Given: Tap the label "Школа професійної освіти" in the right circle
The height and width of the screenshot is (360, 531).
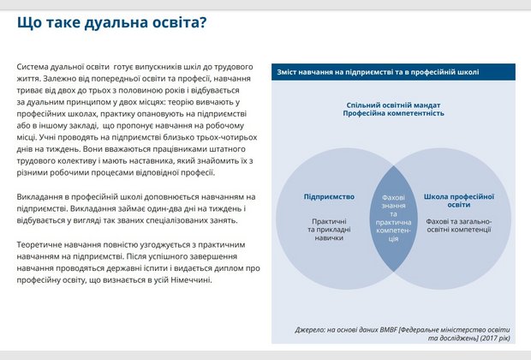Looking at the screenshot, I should (x=458, y=201).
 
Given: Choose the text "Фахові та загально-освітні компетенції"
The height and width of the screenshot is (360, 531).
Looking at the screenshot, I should (x=458, y=225).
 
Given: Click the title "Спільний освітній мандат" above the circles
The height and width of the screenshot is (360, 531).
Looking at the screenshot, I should (x=394, y=104).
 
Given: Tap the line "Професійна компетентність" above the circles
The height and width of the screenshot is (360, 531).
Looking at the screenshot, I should (x=394, y=113).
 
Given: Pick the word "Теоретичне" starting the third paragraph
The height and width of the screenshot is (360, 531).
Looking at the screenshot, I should (x=40, y=244).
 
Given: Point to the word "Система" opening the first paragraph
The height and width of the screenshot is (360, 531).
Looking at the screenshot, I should (x=33, y=65).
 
